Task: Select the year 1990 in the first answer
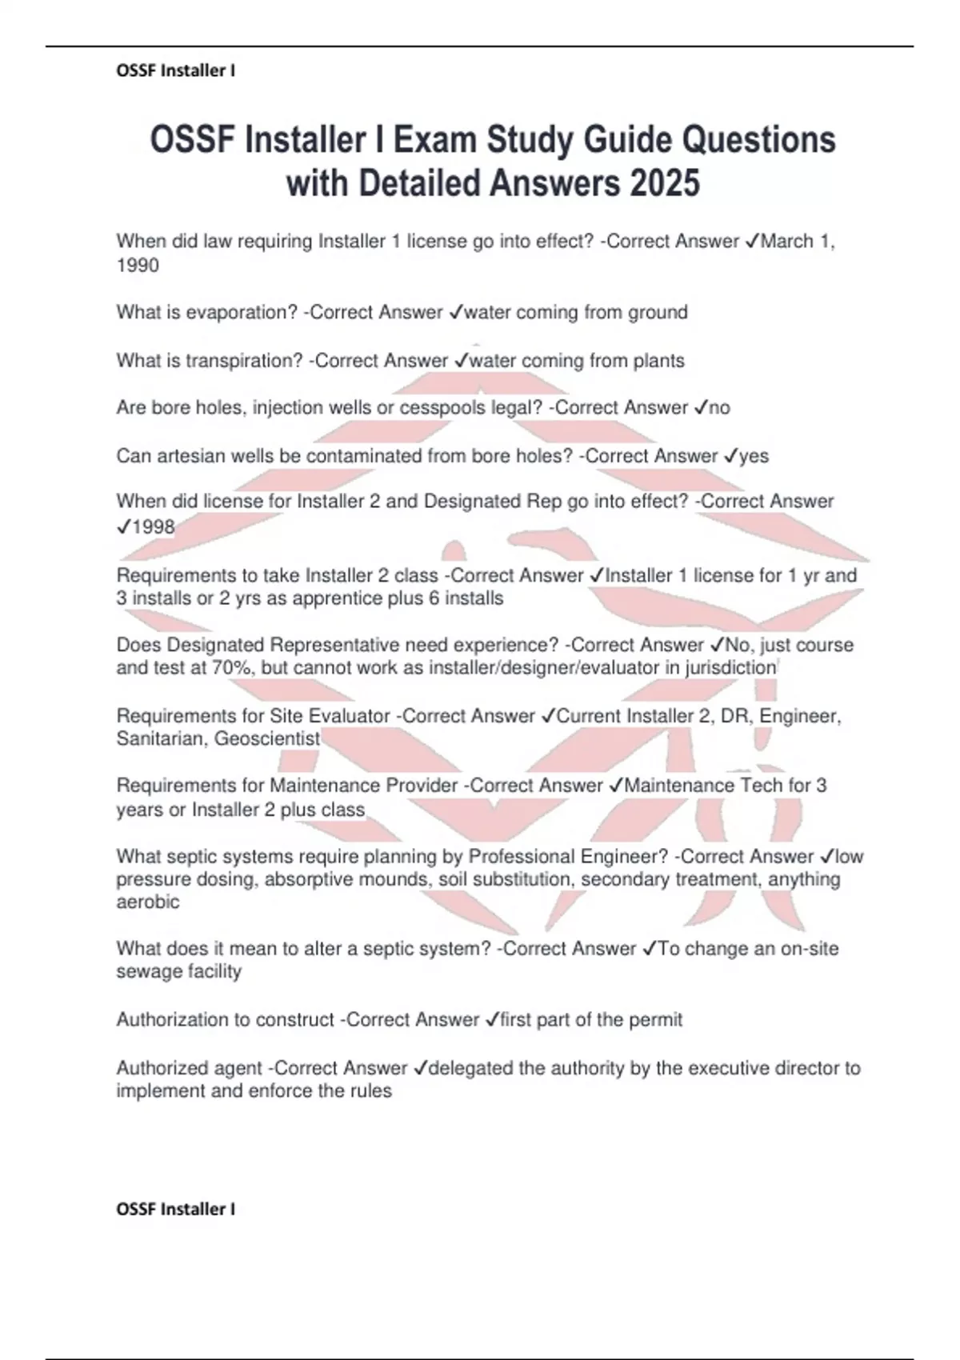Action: (x=138, y=266)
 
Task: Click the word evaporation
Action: (x=241, y=312)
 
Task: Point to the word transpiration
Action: (x=243, y=361)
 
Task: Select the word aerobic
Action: (x=148, y=902)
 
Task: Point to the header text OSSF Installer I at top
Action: (x=176, y=70)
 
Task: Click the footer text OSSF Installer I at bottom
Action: (x=176, y=1209)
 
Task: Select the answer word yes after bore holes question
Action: (x=754, y=456)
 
